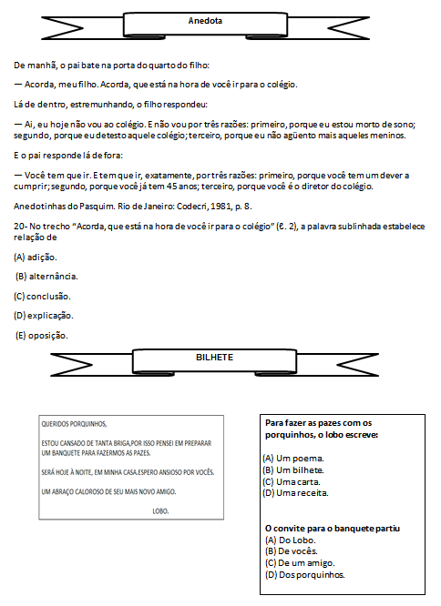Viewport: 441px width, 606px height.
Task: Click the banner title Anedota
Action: [x=205, y=21]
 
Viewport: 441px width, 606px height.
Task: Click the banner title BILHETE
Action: [x=214, y=358]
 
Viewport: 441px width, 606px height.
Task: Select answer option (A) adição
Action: [x=36, y=257]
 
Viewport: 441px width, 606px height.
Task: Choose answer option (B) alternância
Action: [x=46, y=277]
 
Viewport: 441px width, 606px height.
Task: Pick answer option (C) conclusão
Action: [x=42, y=297]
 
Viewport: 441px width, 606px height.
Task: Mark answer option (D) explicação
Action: [x=44, y=316]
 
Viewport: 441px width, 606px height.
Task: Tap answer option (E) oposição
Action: [x=41, y=336]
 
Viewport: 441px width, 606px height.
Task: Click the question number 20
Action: [x=19, y=226]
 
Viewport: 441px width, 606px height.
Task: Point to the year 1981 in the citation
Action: [x=220, y=206]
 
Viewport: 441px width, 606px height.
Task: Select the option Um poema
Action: [x=293, y=459]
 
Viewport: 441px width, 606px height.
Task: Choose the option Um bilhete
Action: [x=293, y=470]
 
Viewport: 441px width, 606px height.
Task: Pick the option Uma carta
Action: [x=292, y=482]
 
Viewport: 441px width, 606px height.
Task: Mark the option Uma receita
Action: [x=295, y=493]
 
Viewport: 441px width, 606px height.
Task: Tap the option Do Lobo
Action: [x=290, y=540]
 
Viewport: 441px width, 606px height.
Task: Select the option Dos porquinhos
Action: [x=305, y=575]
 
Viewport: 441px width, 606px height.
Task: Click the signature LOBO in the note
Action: [x=160, y=511]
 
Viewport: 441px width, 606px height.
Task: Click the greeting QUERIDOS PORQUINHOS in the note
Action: [x=74, y=424]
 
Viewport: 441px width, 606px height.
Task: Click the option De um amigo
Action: [x=300, y=562]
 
